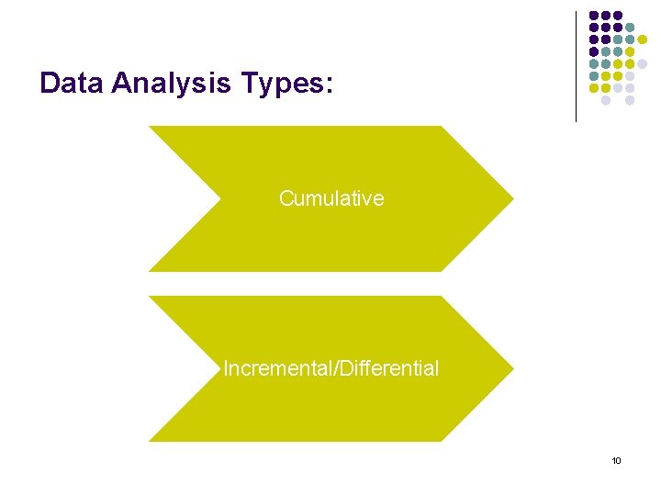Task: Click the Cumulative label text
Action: [331, 198]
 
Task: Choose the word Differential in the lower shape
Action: [390, 368]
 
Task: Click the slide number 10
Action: [616, 460]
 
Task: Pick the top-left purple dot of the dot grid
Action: [594, 16]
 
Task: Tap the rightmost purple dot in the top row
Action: [618, 16]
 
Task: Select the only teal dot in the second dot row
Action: [630, 28]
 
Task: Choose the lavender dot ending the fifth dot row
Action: [642, 63]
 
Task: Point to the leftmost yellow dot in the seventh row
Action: [594, 87]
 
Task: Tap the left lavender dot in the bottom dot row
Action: [606, 99]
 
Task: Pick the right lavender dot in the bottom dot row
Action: [630, 99]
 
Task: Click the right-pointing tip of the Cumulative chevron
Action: [511, 198]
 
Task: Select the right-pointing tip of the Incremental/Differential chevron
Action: [511, 368]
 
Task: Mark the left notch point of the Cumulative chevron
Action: [221, 198]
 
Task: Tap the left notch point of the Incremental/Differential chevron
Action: [221, 368]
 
